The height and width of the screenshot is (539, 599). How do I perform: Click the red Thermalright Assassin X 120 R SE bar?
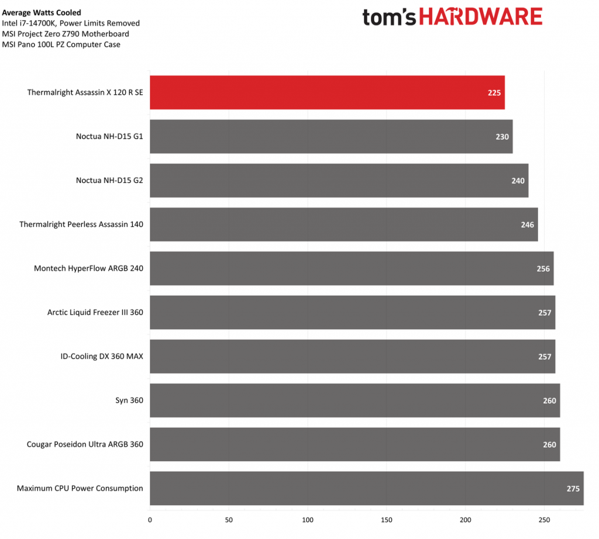click(x=327, y=92)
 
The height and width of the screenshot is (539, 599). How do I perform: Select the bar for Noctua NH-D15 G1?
click(x=331, y=136)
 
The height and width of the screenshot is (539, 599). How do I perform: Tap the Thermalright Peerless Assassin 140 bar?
click(x=343, y=224)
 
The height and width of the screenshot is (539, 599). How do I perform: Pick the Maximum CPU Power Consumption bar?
click(x=366, y=488)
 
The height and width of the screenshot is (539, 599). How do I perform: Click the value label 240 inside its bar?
click(x=518, y=181)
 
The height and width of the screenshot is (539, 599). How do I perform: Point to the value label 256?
click(x=543, y=268)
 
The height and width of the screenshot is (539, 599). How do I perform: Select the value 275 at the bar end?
click(x=573, y=488)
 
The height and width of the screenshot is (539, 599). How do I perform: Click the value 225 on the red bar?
click(x=494, y=92)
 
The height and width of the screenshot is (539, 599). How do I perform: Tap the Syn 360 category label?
click(x=129, y=400)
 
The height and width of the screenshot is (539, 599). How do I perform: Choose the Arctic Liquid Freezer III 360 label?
click(x=95, y=312)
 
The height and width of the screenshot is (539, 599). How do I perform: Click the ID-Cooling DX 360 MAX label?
click(x=102, y=356)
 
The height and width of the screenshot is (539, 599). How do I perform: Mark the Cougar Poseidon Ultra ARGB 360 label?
click(x=85, y=444)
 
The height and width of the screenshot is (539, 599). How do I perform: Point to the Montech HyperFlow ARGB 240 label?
click(x=88, y=268)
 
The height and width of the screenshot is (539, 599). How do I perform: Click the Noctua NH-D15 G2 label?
click(x=109, y=181)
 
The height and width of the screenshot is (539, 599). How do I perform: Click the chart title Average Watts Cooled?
click(x=42, y=12)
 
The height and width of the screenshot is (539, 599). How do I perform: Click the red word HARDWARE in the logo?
click(x=480, y=16)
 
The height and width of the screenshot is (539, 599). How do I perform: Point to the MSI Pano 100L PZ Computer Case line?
click(x=61, y=44)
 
